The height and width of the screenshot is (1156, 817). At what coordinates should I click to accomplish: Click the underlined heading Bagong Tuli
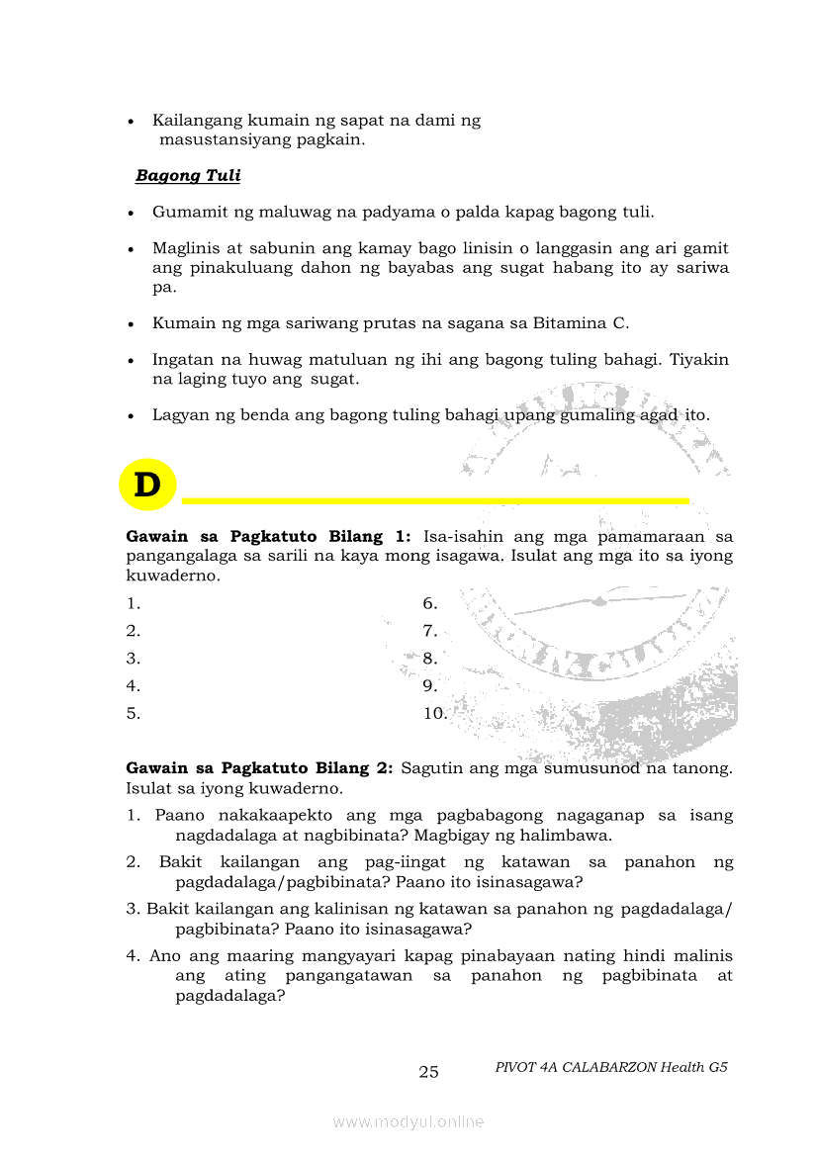click(x=188, y=176)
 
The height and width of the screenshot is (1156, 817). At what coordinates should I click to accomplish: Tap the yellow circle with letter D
click(x=146, y=486)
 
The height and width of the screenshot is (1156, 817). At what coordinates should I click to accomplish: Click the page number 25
click(x=428, y=1072)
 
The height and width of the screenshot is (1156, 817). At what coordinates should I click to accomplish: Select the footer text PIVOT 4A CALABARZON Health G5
click(x=611, y=1068)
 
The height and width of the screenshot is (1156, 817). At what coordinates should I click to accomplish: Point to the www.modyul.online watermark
click(x=408, y=1121)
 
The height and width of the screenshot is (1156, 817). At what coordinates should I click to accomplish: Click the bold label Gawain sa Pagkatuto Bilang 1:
click(x=268, y=537)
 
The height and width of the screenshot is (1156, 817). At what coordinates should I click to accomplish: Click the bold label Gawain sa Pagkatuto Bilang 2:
click(x=260, y=768)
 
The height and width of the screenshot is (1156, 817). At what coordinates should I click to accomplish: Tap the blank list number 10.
click(x=434, y=713)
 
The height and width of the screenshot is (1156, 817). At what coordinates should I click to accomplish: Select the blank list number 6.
click(x=429, y=603)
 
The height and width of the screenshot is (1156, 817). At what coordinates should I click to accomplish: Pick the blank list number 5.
click(x=133, y=713)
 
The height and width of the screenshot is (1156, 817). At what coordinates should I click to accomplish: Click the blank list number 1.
click(x=133, y=603)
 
